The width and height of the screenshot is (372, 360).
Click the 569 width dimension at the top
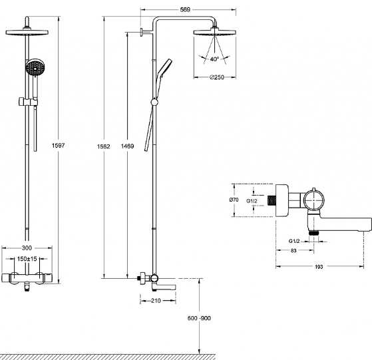point(185,10)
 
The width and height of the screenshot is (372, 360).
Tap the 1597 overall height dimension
point(58,145)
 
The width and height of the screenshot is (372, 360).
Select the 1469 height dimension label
point(127,146)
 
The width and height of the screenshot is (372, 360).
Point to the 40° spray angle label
point(214,59)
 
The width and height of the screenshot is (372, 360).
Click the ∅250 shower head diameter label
point(217,77)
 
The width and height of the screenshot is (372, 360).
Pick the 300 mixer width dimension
point(27,248)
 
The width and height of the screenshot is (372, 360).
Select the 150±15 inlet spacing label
point(27,259)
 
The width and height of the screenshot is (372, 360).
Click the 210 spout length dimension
point(156,301)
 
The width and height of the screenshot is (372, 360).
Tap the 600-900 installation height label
point(199,318)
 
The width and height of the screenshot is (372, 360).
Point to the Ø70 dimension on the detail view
point(234,200)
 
